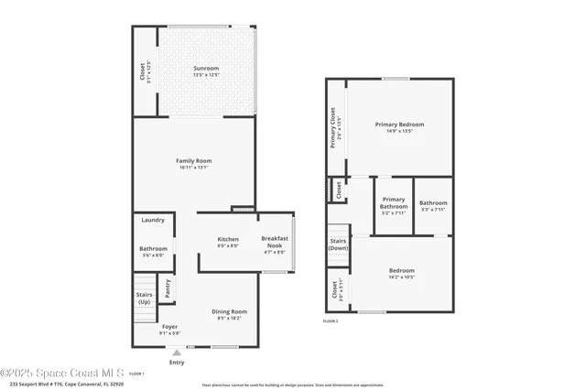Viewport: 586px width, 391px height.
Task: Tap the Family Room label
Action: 193,161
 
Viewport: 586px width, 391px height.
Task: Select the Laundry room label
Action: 153,220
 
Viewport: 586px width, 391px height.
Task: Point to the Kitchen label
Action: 228,240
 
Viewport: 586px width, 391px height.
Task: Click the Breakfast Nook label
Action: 275,243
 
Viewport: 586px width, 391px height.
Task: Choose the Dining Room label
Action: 229,312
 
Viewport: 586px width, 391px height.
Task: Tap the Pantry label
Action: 168,288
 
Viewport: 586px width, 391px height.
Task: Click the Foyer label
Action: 169,327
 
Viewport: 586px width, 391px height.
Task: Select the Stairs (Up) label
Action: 145,298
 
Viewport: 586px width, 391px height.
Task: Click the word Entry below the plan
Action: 177,363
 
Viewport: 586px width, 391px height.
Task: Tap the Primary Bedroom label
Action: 399,125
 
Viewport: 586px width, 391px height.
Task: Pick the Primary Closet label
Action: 333,128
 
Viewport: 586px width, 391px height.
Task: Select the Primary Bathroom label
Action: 394,203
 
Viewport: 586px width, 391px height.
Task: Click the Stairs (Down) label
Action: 338,244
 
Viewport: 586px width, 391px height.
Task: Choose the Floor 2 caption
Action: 331,321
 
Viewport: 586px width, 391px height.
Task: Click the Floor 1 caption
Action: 136,374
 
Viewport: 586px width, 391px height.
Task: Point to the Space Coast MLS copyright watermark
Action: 61,374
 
